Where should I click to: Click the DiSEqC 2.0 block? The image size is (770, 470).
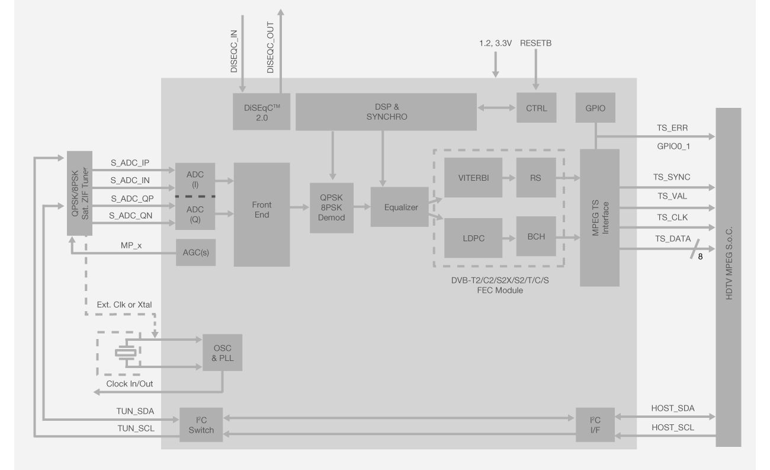point(261,111)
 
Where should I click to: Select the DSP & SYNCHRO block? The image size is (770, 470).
point(386,111)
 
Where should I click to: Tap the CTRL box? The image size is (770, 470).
point(536,108)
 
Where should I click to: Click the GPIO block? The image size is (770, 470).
point(595,108)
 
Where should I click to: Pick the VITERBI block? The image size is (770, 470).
point(473,177)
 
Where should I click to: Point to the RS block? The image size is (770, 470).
point(536,177)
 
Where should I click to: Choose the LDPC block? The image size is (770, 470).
point(473,238)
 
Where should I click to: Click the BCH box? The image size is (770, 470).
point(536,236)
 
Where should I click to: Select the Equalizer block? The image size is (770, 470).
point(400,207)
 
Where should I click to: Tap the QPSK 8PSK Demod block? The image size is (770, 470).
point(331,207)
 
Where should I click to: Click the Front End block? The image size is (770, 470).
point(262,214)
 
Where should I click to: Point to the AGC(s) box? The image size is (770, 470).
point(195,253)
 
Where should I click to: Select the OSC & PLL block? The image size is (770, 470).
point(222,352)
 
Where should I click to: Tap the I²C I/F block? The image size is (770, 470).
point(595,424)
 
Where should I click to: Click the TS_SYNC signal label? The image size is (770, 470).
point(671,177)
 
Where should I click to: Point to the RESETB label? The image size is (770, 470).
point(535,43)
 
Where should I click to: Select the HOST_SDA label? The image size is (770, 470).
point(673,408)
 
